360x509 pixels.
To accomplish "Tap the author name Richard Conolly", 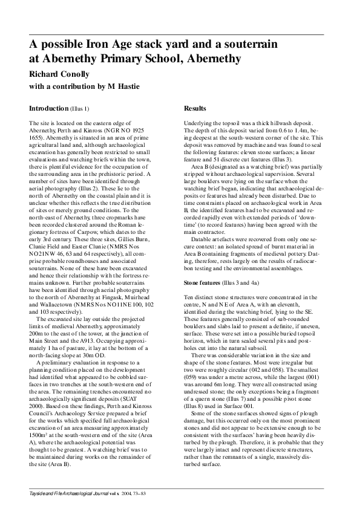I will (59, 74).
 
